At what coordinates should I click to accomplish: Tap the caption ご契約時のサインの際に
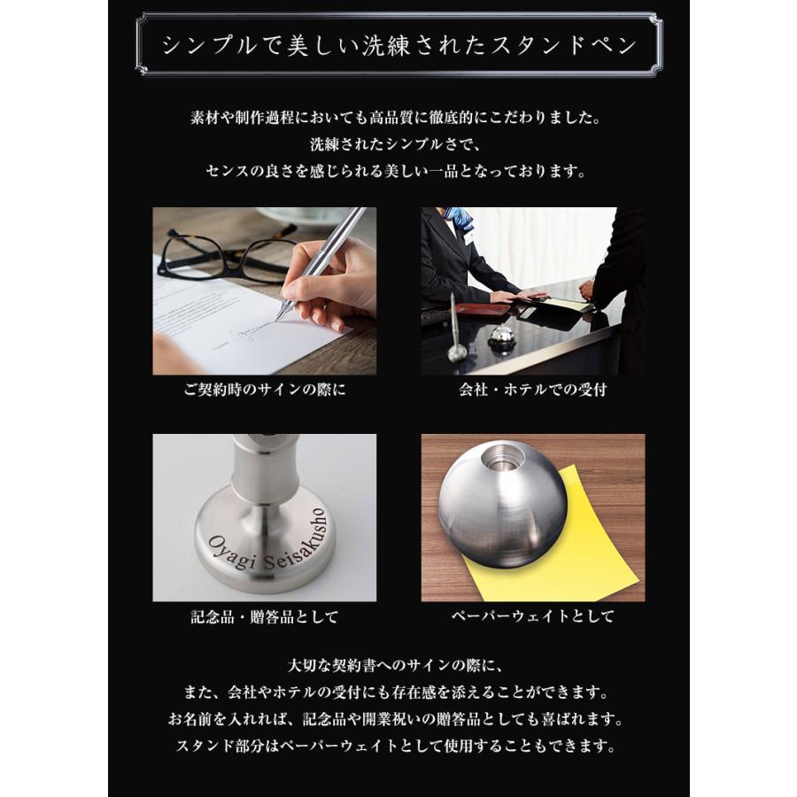pos(264,390)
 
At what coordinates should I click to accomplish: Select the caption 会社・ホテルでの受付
pos(533,390)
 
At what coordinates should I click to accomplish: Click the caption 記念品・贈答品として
pos(264,616)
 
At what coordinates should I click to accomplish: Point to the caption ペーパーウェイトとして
pos(533,616)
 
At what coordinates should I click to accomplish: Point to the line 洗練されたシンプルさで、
pos(398,143)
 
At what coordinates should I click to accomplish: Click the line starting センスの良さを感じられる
pos(398,170)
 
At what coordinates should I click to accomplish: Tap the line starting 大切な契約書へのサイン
pos(398,663)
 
